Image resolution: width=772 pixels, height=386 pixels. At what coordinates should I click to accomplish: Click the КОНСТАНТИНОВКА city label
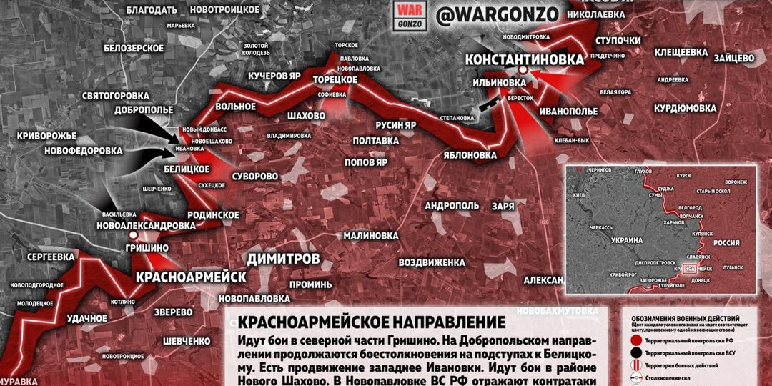point(524,59)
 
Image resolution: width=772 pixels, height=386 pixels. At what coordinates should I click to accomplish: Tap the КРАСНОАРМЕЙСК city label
point(191,277)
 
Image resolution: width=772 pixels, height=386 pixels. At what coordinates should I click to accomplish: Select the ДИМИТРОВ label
point(283,258)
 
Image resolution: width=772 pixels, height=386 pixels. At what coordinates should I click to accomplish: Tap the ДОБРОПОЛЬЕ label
point(143,109)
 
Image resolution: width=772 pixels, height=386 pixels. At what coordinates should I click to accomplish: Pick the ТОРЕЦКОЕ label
point(335,79)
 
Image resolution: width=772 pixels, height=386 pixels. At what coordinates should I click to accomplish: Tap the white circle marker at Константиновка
point(523,71)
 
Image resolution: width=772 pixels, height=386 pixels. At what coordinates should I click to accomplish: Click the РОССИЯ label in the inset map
point(727,243)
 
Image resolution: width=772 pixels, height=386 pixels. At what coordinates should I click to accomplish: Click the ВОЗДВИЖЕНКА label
point(432,261)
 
